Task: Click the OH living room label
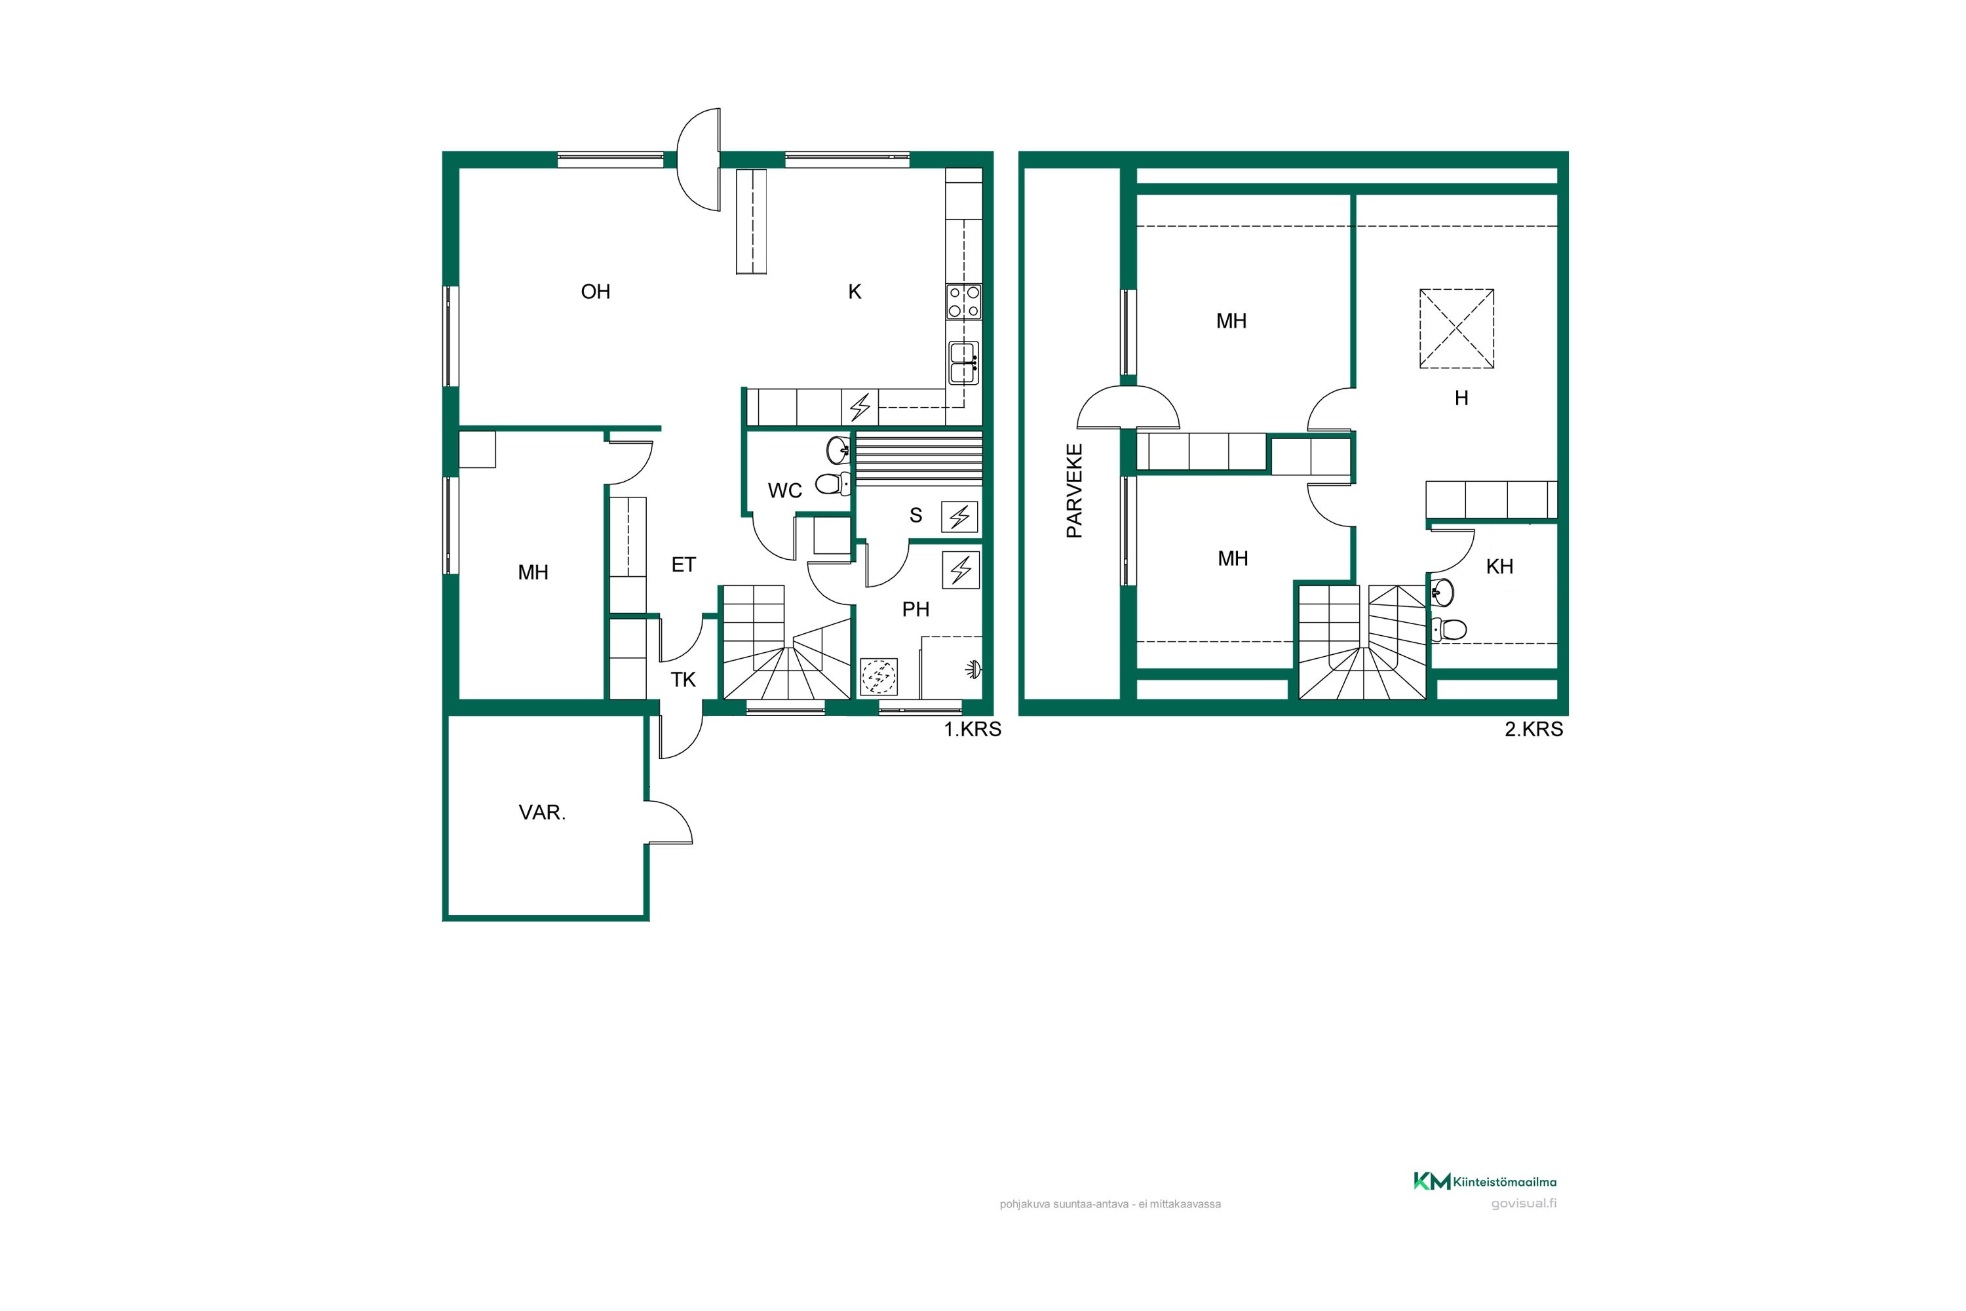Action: (595, 292)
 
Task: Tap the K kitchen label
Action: (855, 292)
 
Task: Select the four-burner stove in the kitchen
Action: (964, 302)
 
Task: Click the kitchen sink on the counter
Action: (964, 363)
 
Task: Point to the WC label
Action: (785, 491)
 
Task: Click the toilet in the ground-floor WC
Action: (832, 483)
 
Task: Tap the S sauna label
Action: (916, 516)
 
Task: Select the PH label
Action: (916, 610)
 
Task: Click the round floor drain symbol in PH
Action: (879, 676)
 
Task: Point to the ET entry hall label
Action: (683, 565)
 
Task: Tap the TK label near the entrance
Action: (683, 680)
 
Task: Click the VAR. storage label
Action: (542, 813)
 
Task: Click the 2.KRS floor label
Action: (1534, 729)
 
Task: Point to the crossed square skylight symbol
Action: (1456, 328)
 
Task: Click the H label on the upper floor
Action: (1461, 399)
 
